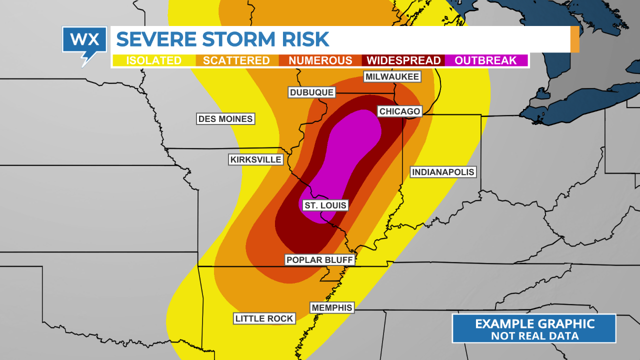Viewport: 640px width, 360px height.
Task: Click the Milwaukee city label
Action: coord(392,76)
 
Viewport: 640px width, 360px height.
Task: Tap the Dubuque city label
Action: coord(311,92)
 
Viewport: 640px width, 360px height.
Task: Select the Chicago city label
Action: coord(399,111)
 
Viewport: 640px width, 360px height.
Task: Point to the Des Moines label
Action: coord(225,118)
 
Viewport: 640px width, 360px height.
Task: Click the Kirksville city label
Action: coord(256,159)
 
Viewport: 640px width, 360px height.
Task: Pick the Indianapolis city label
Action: coord(442,172)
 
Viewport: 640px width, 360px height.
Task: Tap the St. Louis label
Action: coord(325,205)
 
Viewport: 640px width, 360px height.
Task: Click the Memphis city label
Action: coord(332,307)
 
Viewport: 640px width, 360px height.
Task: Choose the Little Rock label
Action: coord(264,318)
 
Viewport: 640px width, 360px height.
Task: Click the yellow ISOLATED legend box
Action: coord(153,60)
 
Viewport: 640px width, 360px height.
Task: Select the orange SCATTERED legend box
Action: coord(236,60)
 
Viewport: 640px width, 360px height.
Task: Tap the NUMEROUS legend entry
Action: coord(320,60)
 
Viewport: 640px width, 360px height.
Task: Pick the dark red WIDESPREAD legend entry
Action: coord(404,60)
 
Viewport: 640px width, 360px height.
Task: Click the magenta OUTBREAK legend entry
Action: coord(485,60)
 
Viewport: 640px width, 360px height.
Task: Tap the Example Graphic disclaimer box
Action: coord(534,328)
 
